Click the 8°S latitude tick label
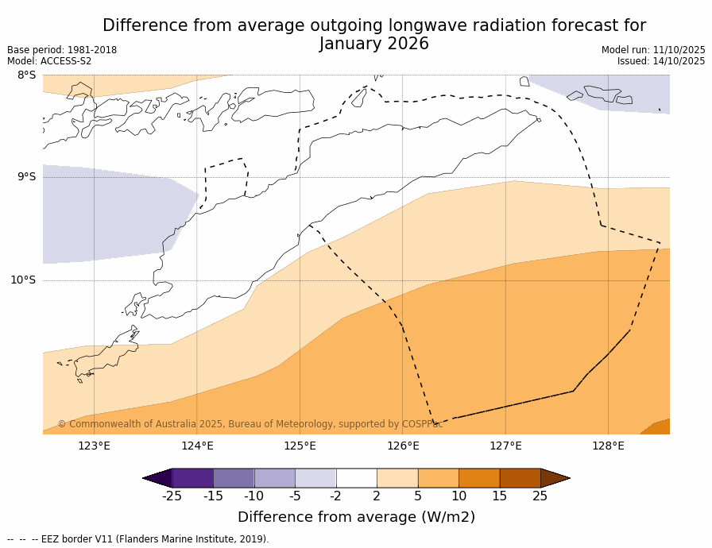[x=26, y=75]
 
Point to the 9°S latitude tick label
[x=26, y=177]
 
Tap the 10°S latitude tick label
[x=23, y=280]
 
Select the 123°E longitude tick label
[x=94, y=446]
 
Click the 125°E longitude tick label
[x=300, y=446]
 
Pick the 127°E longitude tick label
[x=505, y=446]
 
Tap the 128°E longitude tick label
[x=608, y=446]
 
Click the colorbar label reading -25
[x=172, y=496]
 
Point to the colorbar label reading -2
[x=336, y=496]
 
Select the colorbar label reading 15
[x=499, y=496]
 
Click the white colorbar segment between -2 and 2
[x=356, y=478]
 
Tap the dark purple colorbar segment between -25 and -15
[x=192, y=478]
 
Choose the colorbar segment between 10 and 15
[x=479, y=478]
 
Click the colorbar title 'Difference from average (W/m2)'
[x=356, y=517]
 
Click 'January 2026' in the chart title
[x=374, y=44]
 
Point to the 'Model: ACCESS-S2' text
[x=49, y=61]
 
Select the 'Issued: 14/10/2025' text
[x=661, y=61]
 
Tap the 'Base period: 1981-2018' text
[x=62, y=50]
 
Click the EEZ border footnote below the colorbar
[x=138, y=539]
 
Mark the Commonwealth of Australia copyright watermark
[x=250, y=425]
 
